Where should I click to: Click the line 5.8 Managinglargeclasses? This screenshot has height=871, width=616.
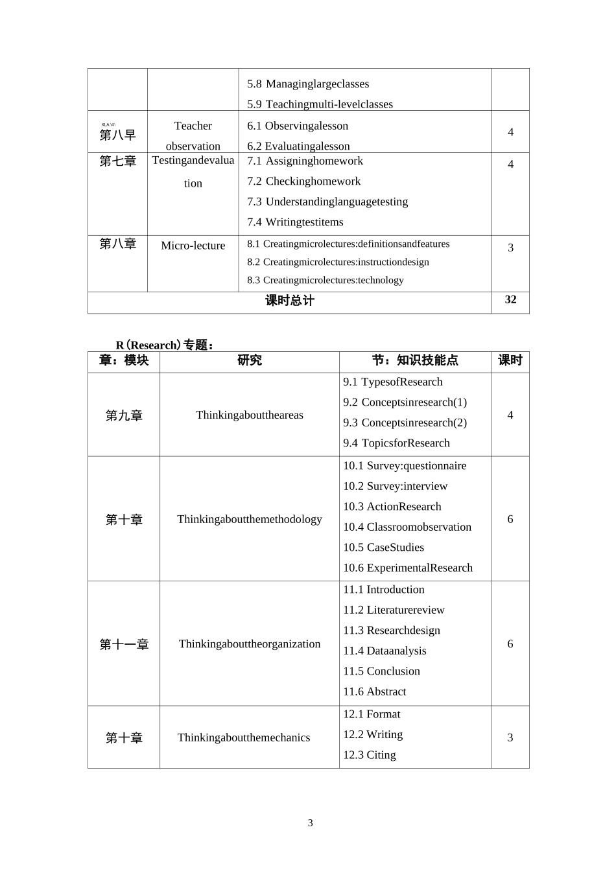tap(308, 84)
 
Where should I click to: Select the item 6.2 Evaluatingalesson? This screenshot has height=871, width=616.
tap(298, 146)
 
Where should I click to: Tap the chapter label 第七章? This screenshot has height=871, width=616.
tap(117, 161)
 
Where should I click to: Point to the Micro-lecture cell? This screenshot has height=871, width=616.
tap(193, 246)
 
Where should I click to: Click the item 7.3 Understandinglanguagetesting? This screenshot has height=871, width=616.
tap(327, 202)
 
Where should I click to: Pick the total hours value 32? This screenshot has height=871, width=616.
tap(510, 299)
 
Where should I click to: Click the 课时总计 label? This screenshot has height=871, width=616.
tap(290, 301)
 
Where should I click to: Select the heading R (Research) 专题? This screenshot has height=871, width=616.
tap(165, 345)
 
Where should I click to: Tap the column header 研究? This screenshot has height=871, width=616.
tap(250, 360)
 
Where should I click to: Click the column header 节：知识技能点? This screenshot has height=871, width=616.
tap(415, 360)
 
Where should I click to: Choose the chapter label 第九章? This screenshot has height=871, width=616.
tap(124, 415)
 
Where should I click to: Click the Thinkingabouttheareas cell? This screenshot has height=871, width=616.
tap(250, 415)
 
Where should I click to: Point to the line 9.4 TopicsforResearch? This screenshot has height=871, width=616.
tap(396, 443)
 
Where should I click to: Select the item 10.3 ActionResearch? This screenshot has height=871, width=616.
tap(392, 507)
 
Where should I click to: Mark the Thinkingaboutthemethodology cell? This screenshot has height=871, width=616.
tap(250, 519)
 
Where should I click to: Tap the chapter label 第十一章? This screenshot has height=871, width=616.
tap(124, 644)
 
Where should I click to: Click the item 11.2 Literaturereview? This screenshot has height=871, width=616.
tap(394, 610)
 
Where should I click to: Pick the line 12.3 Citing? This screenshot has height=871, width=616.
tap(370, 755)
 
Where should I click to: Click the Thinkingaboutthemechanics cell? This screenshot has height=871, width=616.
tap(244, 737)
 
